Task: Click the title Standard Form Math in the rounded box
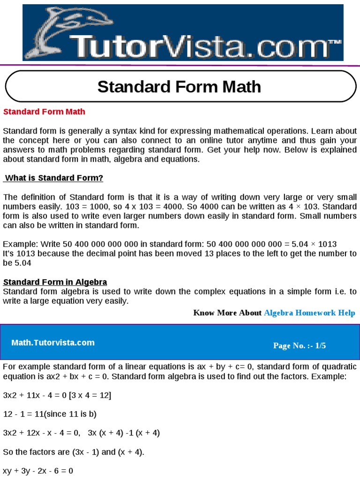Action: [x=179, y=87]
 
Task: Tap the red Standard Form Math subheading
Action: [x=45, y=112]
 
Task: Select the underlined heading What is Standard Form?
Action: [x=53, y=178]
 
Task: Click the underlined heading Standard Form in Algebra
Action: [x=55, y=282]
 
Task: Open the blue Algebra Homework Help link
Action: [x=309, y=313]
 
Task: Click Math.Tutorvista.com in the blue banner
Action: [x=53, y=343]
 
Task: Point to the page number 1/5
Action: [x=321, y=345]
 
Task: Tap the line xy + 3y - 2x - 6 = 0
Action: [x=38, y=471]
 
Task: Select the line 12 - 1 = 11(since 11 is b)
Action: [x=50, y=414]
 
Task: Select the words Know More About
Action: [x=227, y=313]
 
